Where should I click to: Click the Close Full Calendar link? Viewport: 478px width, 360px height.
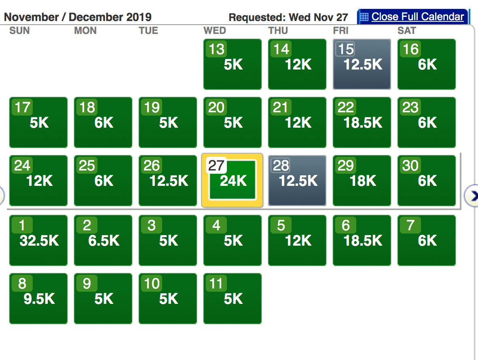coord(417,17)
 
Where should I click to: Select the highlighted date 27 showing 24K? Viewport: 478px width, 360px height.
coord(233,180)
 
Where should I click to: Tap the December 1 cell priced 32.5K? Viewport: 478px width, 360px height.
coord(38,240)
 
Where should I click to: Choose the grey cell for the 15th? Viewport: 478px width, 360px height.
coord(362,64)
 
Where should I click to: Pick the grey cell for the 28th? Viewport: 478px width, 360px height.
coord(297,180)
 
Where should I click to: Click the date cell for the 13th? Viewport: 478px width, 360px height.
coord(233,64)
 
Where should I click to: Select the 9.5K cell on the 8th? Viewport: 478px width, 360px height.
coord(38,298)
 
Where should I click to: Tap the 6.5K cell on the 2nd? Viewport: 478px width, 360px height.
coord(103,240)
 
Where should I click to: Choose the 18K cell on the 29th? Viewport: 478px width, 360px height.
coord(362,180)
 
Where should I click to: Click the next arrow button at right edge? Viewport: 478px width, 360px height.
coord(472,196)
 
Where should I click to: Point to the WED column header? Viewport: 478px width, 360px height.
coord(215,31)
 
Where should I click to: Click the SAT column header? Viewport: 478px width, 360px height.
coord(407,31)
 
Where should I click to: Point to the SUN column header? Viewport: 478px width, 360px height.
coord(19,31)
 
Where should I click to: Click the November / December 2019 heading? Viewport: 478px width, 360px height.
coord(78,17)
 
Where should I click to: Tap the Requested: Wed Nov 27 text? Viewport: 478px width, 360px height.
coord(288,17)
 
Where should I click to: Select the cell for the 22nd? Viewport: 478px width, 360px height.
coord(362,122)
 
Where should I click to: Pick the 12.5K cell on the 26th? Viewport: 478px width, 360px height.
coord(168,180)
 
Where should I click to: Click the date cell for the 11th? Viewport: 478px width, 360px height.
coord(233,298)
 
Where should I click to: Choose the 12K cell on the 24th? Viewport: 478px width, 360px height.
coord(38,180)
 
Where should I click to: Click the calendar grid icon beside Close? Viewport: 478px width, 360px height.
coord(364,17)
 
